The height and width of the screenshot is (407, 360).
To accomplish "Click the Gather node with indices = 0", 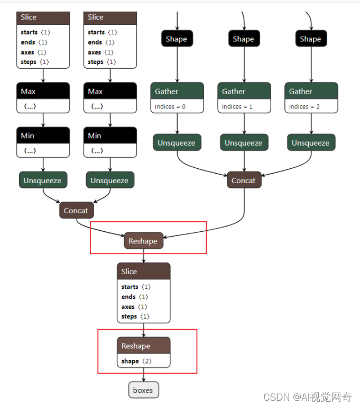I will [177, 92].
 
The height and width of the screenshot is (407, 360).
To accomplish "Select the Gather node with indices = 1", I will [244, 92].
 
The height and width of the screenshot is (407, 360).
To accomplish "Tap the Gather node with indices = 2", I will [311, 92].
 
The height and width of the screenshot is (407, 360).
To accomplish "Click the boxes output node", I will [143, 390].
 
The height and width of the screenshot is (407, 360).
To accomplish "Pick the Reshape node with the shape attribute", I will [143, 346].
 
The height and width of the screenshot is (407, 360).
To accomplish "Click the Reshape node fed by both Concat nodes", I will [143, 241].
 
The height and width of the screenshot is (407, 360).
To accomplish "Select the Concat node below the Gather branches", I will [244, 180].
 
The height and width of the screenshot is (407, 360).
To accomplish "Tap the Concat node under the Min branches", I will [76, 211].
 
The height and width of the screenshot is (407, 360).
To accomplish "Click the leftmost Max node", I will [43, 92].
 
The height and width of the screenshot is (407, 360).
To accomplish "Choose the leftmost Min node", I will [43, 136].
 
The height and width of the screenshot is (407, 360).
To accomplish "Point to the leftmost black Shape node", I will [177, 39].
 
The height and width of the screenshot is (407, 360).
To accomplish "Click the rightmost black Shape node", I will [310, 39].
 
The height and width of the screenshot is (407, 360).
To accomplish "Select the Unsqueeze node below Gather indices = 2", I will [311, 143].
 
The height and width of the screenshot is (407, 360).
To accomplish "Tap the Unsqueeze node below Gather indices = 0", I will [177, 143].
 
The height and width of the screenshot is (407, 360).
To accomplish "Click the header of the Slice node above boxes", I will [143, 272].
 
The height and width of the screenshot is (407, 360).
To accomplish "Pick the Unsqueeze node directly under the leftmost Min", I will [42, 180].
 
